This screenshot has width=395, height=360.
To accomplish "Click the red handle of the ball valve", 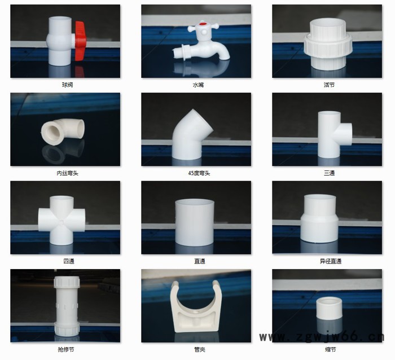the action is [80, 40].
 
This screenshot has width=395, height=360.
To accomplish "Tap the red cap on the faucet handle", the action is [202, 24].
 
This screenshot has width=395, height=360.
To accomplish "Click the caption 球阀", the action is [68, 85].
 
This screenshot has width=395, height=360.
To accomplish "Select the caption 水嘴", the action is [198, 85].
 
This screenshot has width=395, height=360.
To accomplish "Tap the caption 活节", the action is [329, 85].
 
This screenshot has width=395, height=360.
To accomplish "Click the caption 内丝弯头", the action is [68, 173].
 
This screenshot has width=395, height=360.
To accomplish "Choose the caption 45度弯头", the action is [199, 173].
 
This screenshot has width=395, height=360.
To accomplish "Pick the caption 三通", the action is [329, 173].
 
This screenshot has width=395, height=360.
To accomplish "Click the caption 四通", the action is [69, 261].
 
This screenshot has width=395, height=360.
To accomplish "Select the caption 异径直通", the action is [331, 261].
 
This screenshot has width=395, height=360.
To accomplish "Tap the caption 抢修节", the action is [66, 349].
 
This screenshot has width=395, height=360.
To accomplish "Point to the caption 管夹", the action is [200, 349].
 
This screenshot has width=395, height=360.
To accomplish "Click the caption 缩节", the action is [331, 349].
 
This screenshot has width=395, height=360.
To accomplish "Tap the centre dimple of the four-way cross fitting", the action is [62, 222].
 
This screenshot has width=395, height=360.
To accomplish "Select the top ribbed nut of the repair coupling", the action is [67, 282].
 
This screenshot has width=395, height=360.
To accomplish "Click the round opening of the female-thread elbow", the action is [51, 132].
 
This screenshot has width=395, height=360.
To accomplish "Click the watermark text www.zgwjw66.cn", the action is [322, 337].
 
